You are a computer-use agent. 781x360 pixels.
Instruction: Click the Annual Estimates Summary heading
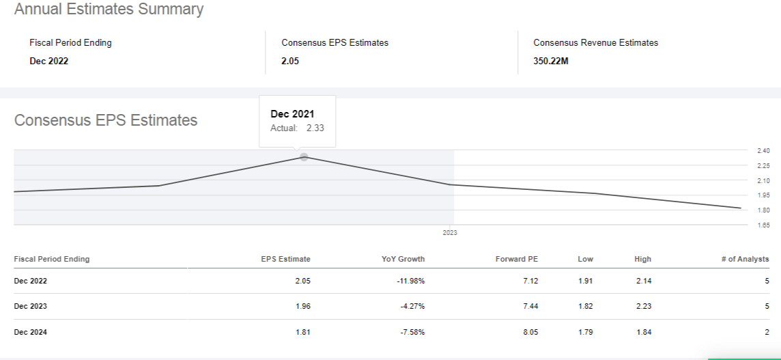click(109, 10)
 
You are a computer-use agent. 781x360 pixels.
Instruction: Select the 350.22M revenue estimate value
click(550, 61)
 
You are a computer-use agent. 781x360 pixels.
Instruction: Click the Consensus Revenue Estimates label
click(595, 42)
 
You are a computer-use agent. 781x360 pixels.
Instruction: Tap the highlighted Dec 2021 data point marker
click(304, 157)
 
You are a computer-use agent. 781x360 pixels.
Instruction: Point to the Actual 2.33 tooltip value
click(315, 128)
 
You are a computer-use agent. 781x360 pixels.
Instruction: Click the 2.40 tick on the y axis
click(763, 150)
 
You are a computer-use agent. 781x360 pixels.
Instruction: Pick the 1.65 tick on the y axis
click(763, 225)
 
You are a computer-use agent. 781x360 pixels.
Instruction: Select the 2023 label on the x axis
click(450, 233)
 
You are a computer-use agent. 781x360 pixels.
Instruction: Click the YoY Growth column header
click(403, 259)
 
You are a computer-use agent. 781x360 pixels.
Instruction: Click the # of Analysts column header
click(745, 259)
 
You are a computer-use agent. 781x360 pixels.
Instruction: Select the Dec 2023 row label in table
click(31, 306)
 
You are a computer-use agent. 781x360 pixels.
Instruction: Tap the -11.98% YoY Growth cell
click(410, 281)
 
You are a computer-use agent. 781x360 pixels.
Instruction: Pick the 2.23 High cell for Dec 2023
click(642, 306)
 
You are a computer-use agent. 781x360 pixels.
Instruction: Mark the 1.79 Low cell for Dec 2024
click(585, 332)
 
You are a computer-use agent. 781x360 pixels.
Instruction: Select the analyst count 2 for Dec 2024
click(767, 332)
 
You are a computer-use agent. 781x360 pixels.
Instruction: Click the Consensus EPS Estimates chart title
click(106, 120)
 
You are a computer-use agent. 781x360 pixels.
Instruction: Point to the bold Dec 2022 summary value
click(49, 61)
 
